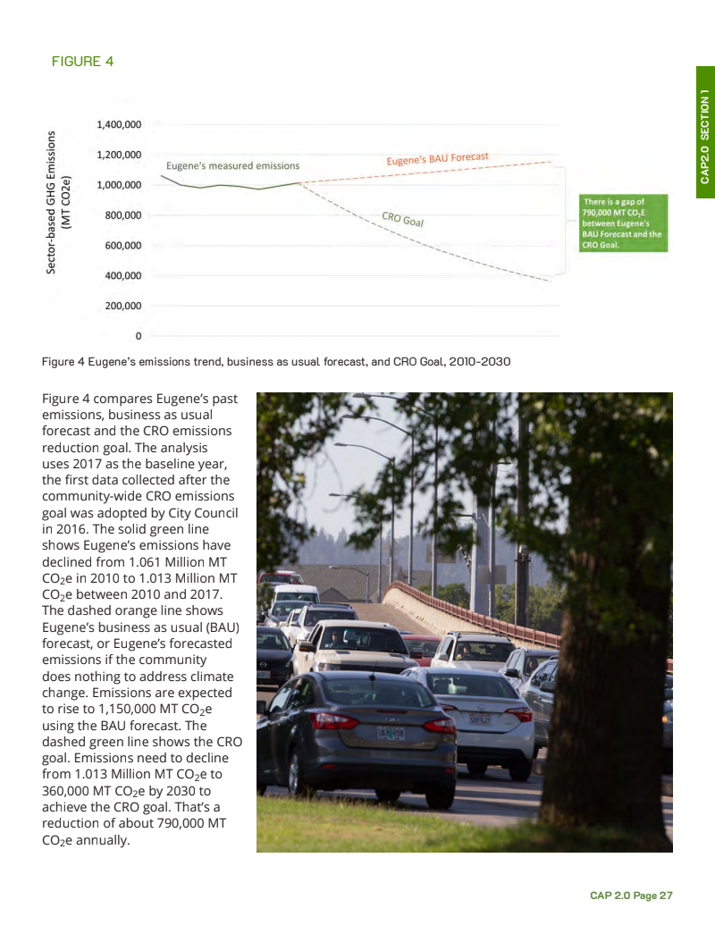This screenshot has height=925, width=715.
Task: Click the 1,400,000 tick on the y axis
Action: click(118, 124)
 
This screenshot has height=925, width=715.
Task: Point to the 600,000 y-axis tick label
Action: click(122, 245)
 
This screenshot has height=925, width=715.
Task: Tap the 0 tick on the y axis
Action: click(138, 336)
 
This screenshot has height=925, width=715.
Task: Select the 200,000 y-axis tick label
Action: click(122, 306)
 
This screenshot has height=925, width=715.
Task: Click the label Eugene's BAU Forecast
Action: click(437, 159)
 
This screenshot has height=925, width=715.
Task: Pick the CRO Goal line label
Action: click(402, 218)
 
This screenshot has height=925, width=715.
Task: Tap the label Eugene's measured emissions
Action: click(232, 166)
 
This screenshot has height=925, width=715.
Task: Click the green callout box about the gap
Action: click(622, 223)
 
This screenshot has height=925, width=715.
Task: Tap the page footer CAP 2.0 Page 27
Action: click(631, 895)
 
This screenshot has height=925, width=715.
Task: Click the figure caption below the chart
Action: click(275, 362)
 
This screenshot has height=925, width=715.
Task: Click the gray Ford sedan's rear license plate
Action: click(390, 733)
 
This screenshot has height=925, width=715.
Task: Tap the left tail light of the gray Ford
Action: click(333, 719)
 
